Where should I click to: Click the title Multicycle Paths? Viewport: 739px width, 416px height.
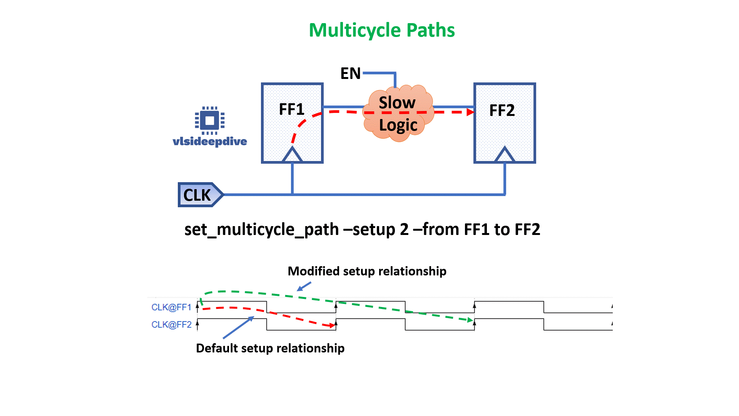click(x=381, y=30)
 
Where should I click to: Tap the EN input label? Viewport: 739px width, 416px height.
click(x=350, y=73)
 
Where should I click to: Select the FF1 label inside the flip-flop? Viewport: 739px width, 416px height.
click(x=291, y=109)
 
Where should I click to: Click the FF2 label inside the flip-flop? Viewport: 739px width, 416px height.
click(x=502, y=111)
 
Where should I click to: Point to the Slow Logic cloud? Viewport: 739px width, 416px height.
click(x=398, y=114)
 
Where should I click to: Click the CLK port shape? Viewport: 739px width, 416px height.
click(x=199, y=195)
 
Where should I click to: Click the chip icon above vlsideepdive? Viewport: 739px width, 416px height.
click(x=210, y=121)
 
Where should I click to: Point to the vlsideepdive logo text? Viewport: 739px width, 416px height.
click(x=210, y=141)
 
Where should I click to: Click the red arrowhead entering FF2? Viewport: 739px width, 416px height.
click(x=470, y=112)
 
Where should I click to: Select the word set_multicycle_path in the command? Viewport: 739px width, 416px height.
click(x=261, y=230)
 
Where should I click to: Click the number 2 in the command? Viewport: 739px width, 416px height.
click(x=404, y=230)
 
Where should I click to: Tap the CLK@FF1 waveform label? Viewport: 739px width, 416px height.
click(x=171, y=307)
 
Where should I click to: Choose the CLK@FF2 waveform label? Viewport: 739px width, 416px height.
click(x=171, y=325)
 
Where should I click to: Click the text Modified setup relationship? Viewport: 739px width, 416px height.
click(x=367, y=271)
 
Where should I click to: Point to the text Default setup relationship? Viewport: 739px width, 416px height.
click(x=270, y=348)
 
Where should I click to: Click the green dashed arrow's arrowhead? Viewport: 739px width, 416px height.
click(x=470, y=320)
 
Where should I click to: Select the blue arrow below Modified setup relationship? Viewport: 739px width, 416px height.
click(x=304, y=287)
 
